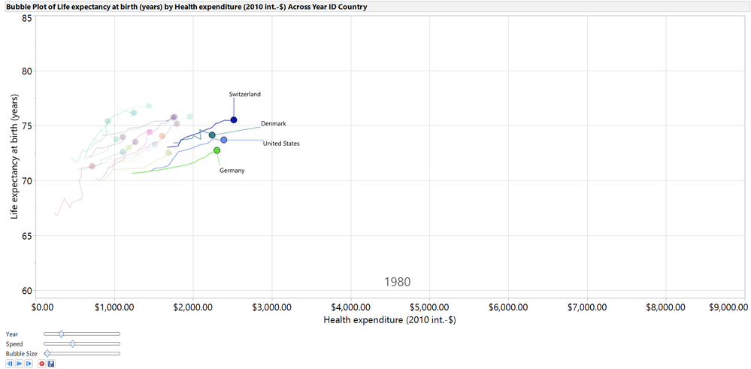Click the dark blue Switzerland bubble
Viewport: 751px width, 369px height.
pyautogui.click(x=234, y=119)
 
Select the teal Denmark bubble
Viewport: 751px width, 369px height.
pyautogui.click(x=212, y=135)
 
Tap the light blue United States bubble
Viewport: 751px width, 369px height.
pyautogui.click(x=224, y=140)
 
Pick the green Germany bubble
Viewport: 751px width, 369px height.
pyautogui.click(x=217, y=150)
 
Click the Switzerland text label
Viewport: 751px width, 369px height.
pyautogui.click(x=245, y=94)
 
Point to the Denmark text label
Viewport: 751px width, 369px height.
pyautogui.click(x=274, y=123)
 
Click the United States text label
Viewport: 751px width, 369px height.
pyautogui.click(x=281, y=144)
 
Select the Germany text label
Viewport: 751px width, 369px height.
pyautogui.click(x=232, y=171)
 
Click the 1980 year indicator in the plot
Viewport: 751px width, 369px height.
pyautogui.click(x=397, y=282)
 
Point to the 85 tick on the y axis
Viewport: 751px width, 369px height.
pyautogui.click(x=26, y=17)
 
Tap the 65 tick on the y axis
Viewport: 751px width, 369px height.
pyautogui.click(x=26, y=236)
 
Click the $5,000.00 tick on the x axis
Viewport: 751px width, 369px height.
pyautogui.click(x=429, y=307)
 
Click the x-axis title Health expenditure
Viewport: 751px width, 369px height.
pyautogui.click(x=390, y=320)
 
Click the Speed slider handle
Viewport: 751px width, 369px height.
pyautogui.click(x=72, y=343)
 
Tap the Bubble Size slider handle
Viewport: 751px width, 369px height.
pyautogui.click(x=47, y=353)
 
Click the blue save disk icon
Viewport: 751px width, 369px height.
pyautogui.click(x=51, y=364)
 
